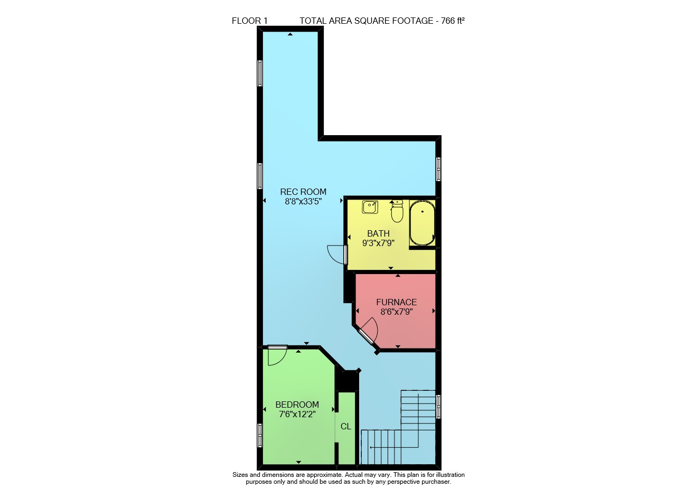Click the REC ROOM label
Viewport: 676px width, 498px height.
point(303,192)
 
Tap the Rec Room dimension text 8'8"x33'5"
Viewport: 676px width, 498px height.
point(303,202)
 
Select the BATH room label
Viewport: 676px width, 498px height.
point(378,233)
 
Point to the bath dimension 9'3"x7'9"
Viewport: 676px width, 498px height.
point(378,243)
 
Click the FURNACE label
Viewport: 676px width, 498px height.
point(396,302)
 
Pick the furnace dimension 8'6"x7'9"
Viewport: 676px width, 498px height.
point(396,312)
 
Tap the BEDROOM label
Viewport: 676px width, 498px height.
point(297,405)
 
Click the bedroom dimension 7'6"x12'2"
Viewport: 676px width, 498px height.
point(297,414)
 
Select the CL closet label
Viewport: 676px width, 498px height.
point(345,426)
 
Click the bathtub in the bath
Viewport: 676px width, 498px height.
point(422,223)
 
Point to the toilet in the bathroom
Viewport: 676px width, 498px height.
point(397,212)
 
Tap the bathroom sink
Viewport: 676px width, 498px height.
point(370,208)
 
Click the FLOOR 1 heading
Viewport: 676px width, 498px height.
point(250,21)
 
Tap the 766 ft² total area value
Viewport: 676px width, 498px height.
point(453,21)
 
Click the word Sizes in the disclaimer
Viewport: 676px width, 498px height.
point(240,475)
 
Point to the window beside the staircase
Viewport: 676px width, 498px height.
point(438,407)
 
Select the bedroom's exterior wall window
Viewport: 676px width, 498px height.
point(259,435)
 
